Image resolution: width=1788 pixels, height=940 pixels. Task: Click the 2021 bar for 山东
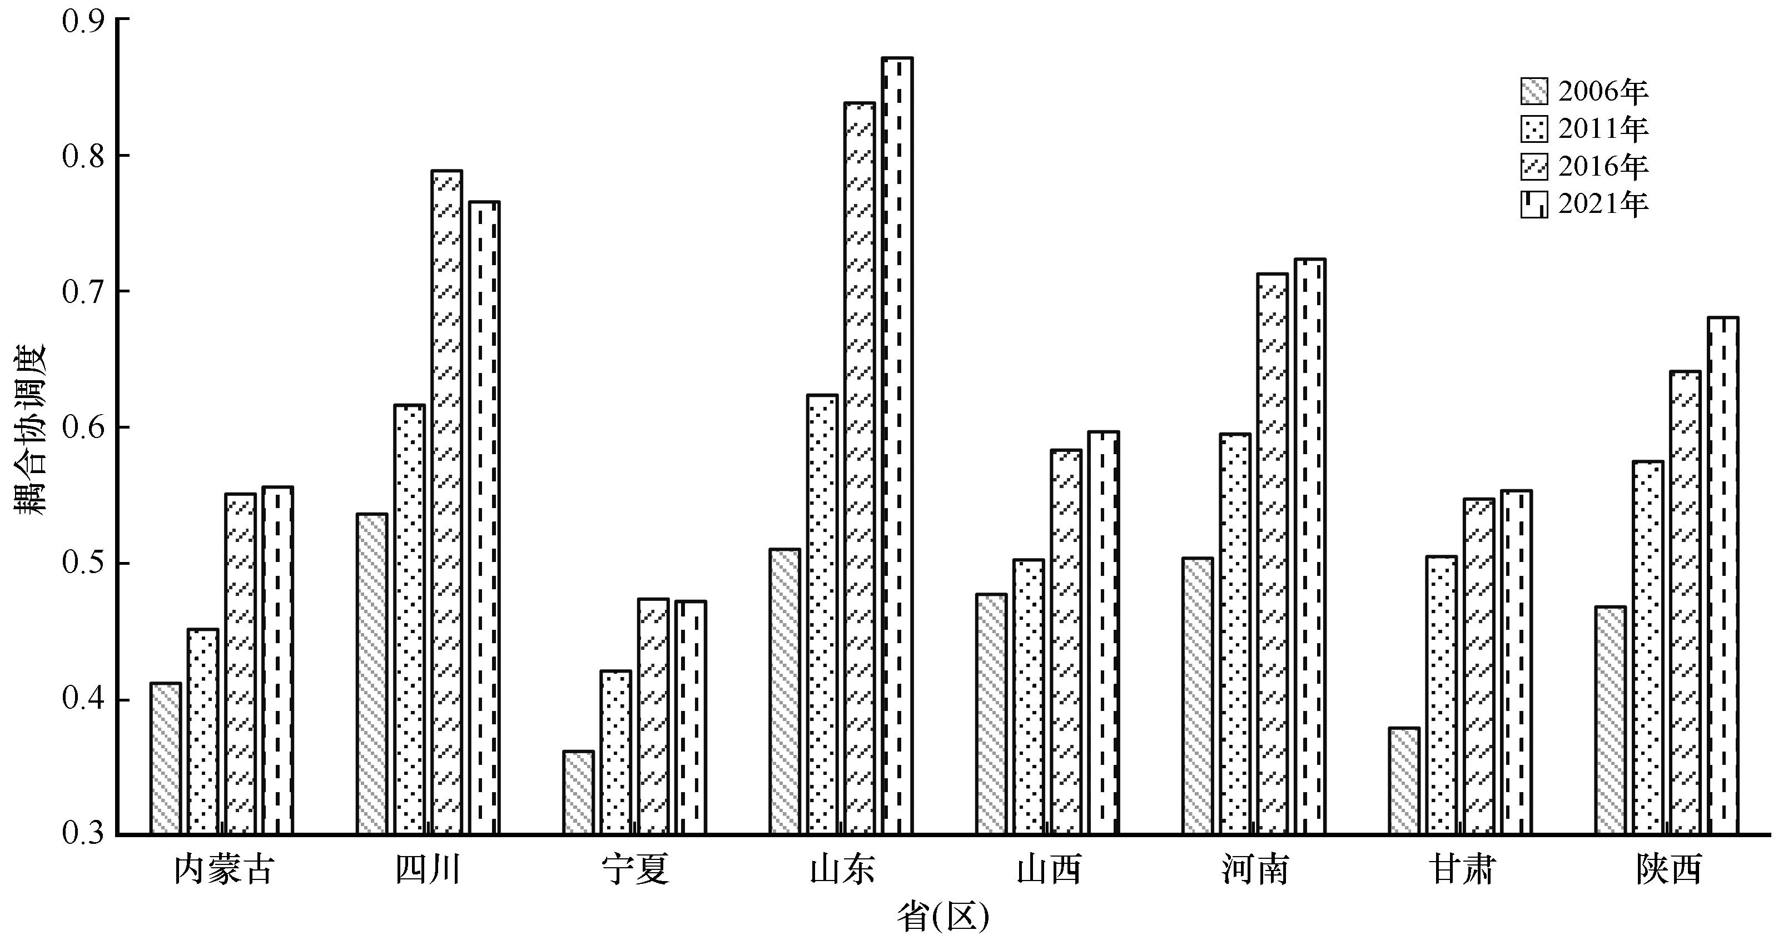click(x=897, y=446)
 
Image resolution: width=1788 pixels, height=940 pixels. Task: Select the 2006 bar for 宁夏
click(x=578, y=792)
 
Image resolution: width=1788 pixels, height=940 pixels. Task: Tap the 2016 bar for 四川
click(x=446, y=502)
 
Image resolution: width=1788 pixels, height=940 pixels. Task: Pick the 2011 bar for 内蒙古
click(x=203, y=731)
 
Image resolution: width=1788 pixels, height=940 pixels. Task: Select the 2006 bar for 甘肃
click(x=1404, y=781)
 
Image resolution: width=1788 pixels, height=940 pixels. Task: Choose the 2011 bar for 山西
click(x=1028, y=697)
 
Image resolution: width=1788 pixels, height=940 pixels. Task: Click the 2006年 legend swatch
click(x=1534, y=91)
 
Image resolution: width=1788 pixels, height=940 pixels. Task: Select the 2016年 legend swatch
click(x=1534, y=167)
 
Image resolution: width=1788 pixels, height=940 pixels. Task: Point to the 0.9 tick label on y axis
click(x=82, y=21)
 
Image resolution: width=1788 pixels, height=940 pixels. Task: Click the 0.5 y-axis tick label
click(x=82, y=564)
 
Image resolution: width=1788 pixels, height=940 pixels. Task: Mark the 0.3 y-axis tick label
click(x=82, y=834)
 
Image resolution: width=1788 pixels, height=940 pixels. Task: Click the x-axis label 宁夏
click(x=635, y=870)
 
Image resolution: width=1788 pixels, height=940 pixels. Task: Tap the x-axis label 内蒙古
click(x=223, y=870)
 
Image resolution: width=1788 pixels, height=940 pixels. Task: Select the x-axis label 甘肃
click(x=1462, y=870)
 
